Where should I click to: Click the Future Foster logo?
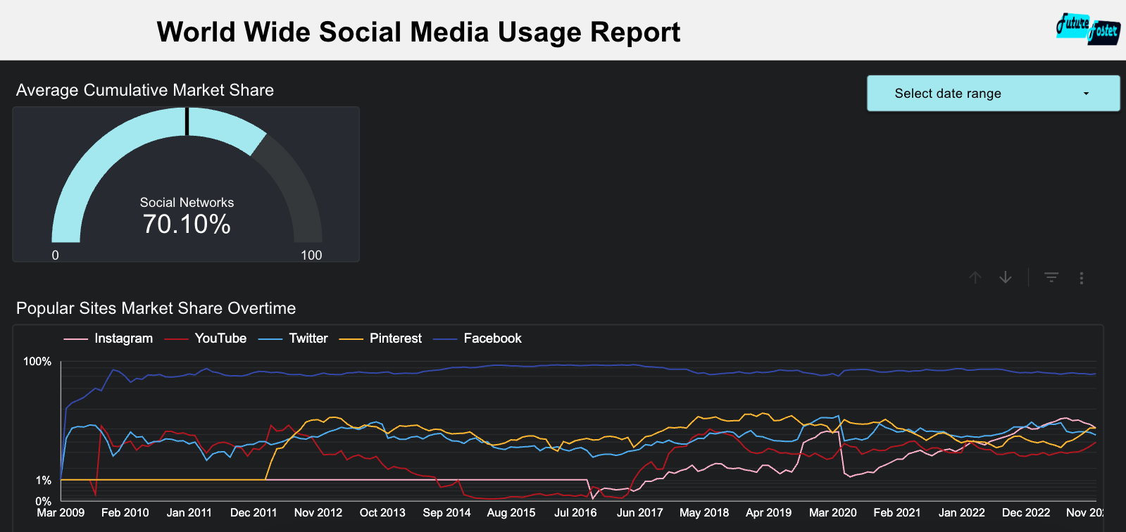point(1088,29)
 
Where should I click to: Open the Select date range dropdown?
point(993,94)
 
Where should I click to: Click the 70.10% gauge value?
point(187,224)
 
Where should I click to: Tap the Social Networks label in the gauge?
point(187,203)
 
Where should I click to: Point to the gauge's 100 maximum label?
point(311,255)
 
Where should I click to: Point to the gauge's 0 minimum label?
point(56,255)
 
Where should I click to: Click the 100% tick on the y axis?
point(37,362)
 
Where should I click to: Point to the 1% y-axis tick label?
point(44,481)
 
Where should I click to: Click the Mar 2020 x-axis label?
point(832,513)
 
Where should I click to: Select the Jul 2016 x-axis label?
point(575,513)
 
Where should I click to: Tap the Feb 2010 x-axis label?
point(125,513)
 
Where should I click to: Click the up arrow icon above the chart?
point(975,278)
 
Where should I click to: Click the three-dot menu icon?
point(1082,278)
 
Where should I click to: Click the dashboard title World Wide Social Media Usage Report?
point(418,32)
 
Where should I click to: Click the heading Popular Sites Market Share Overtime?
point(156,308)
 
